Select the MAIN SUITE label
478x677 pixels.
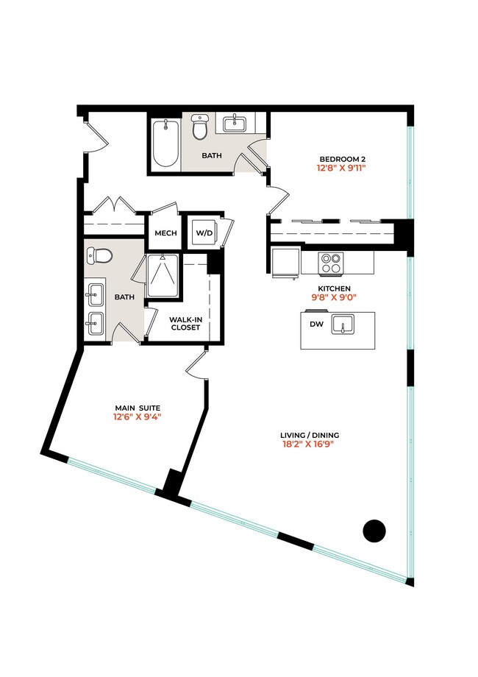[x=138, y=408]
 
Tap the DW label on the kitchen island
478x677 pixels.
[x=316, y=324]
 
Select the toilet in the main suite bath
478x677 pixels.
[x=99, y=256]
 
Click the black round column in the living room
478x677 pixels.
[x=375, y=530]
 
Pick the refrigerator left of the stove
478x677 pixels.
[x=285, y=262]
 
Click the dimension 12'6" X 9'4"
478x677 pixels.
[x=138, y=417]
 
